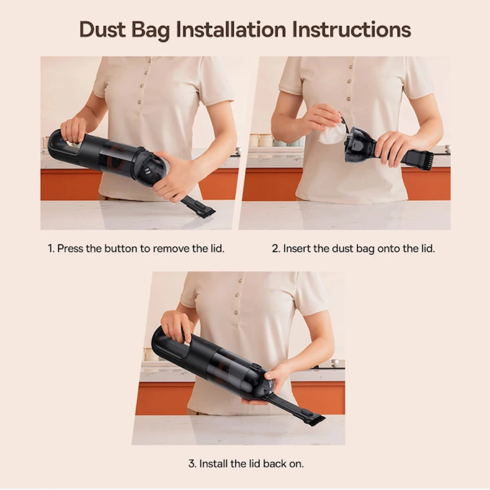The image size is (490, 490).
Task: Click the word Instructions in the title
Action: tap(351, 29)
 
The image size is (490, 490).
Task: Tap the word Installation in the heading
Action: tap(232, 29)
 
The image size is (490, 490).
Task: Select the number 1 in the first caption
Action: tap(50, 248)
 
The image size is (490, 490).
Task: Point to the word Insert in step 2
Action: tap(297, 248)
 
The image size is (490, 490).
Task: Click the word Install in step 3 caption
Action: tap(213, 464)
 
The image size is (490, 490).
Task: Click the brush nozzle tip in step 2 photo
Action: tap(425, 161)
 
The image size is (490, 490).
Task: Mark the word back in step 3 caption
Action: tap(274, 464)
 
